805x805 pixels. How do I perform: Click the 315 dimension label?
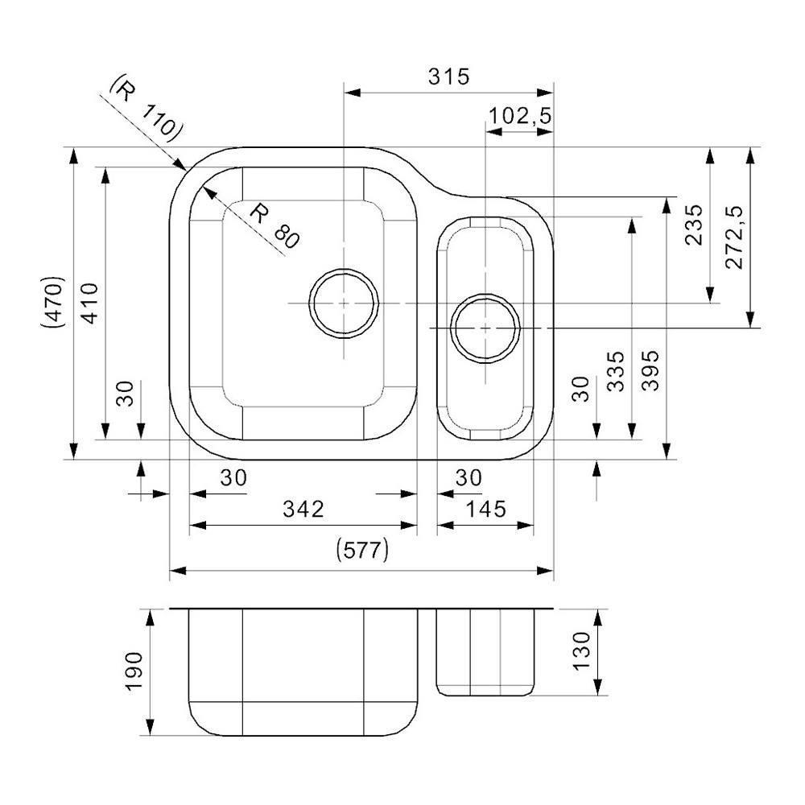point(448,77)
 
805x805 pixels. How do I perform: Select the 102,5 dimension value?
point(520,116)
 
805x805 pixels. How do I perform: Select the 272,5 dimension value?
point(734,235)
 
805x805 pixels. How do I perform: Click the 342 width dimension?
point(303,509)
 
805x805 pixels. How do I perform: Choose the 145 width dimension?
point(485,509)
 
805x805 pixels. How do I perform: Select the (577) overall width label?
point(361,551)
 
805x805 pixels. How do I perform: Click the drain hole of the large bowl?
point(344,303)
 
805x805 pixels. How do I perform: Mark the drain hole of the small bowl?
point(485,328)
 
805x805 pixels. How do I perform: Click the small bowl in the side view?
point(485,652)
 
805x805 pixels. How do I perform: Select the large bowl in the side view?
point(303,672)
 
